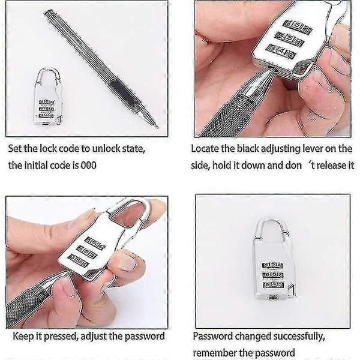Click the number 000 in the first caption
(x=88, y=166)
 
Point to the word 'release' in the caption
(x=340, y=166)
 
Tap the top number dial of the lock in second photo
(x=298, y=27)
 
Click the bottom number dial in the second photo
(x=281, y=52)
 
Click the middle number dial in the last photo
(x=273, y=275)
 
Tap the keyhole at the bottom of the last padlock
(x=273, y=298)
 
